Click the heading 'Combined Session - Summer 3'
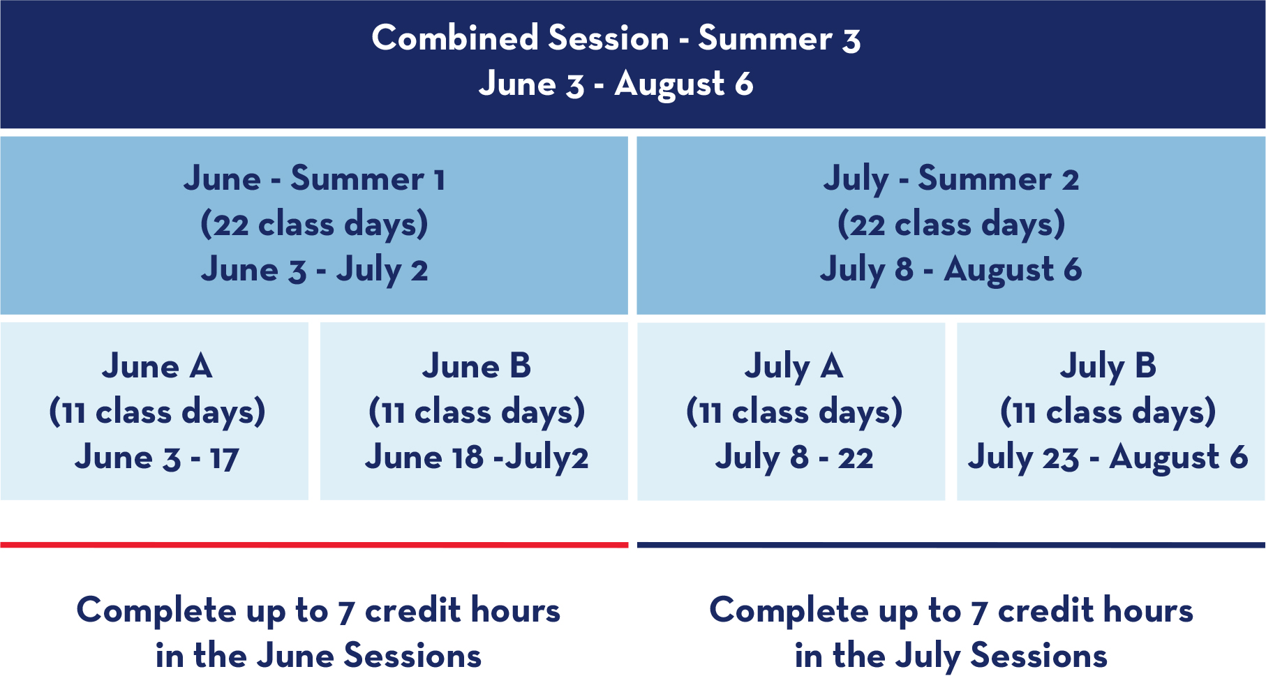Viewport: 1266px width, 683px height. click(616, 38)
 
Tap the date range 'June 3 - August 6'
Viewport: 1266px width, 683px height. click(616, 84)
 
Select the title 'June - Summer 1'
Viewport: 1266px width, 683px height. click(314, 179)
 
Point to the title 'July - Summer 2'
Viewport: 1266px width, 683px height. click(951, 179)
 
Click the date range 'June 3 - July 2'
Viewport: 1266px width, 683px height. click(314, 270)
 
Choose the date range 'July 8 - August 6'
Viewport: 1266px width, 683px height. click(951, 270)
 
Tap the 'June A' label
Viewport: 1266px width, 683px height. click(157, 366)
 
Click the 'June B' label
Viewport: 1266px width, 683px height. click(477, 366)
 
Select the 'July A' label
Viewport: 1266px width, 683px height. click(794, 367)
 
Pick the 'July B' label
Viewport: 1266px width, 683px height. click(1108, 367)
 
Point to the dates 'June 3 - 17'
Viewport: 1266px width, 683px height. click(157, 458)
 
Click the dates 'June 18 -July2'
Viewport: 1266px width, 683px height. click(477, 458)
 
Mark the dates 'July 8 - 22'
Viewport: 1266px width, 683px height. click(794, 458)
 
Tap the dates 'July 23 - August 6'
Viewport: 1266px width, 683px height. click(1108, 458)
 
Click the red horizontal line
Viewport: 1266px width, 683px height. click(314, 545)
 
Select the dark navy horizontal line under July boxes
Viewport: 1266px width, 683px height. click(951, 545)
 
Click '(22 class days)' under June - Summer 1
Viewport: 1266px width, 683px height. click(314, 225)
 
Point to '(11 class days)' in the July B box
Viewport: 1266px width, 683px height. click(1108, 412)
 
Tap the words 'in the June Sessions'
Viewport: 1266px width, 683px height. click(318, 656)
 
